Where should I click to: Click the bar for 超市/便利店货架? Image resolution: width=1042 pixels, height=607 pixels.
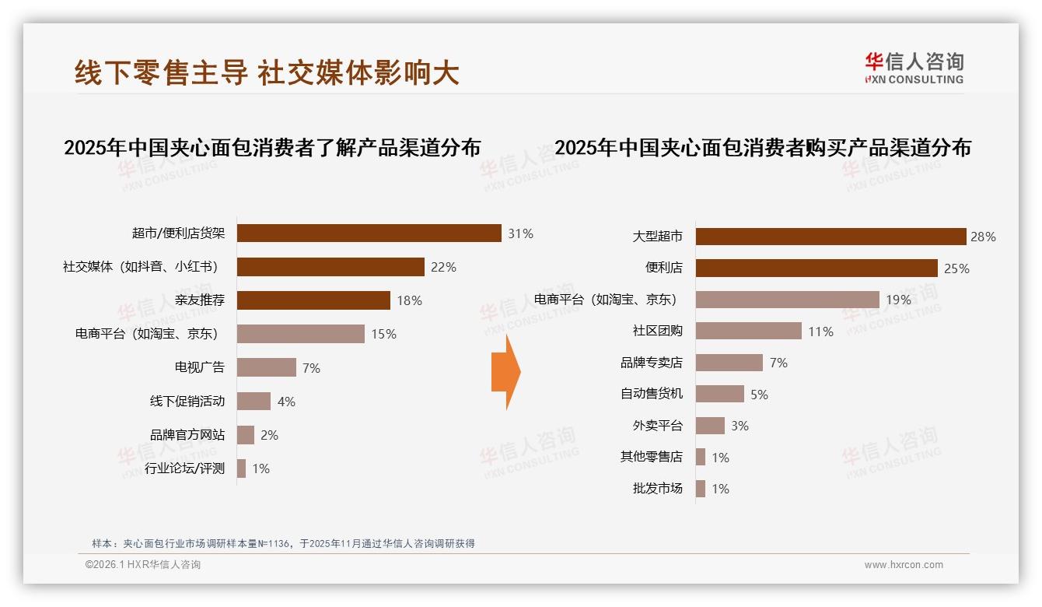pyautogui.click(x=369, y=233)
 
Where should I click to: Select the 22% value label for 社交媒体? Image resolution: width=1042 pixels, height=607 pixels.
pyautogui.click(x=443, y=267)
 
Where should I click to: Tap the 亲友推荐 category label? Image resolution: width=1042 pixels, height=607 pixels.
pyautogui.click(x=200, y=300)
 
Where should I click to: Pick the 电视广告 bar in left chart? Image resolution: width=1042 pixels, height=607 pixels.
pyautogui.click(x=266, y=367)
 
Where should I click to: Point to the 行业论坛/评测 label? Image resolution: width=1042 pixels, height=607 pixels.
pyautogui.click(x=184, y=468)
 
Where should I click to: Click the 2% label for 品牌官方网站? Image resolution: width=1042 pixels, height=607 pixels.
pyautogui.click(x=269, y=435)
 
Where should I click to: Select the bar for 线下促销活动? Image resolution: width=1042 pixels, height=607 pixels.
pyautogui.click(x=254, y=401)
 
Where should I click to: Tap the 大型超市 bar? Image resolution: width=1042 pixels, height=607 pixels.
pyautogui.click(x=830, y=237)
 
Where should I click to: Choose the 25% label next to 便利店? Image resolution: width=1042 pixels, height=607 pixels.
pyautogui.click(x=956, y=268)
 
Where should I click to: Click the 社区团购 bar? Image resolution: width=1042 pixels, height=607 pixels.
pyautogui.click(x=748, y=331)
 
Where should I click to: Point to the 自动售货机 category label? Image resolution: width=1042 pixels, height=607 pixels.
pyautogui.click(x=652, y=394)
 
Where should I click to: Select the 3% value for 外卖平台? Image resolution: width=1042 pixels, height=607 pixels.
pyautogui.click(x=740, y=426)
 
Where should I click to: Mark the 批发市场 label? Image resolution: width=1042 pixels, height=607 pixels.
pyautogui.click(x=658, y=489)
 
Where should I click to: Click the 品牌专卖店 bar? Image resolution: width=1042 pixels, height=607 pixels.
pyautogui.click(x=729, y=363)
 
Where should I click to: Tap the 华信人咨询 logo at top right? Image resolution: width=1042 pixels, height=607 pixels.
pyautogui.click(x=914, y=68)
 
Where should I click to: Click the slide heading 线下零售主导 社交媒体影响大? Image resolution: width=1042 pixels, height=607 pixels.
pyautogui.click(x=267, y=72)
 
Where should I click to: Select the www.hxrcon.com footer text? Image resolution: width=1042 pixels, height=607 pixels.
pyautogui.click(x=904, y=565)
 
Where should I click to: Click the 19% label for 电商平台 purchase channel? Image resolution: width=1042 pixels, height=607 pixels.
pyautogui.click(x=898, y=300)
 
